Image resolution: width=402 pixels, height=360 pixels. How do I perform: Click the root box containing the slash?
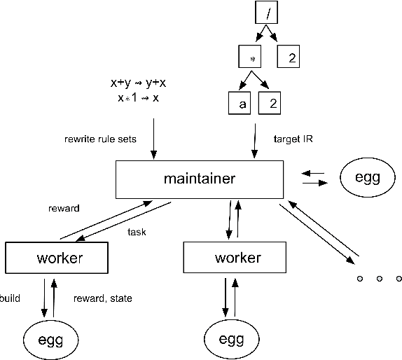pyautogui.click(x=267, y=13)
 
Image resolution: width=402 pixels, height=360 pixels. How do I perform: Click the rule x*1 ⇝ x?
pyautogui.click(x=138, y=97)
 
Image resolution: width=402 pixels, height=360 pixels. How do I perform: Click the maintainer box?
pyautogui.click(x=199, y=179)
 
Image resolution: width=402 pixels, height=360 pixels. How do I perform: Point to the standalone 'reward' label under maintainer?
pyautogui.click(x=64, y=208)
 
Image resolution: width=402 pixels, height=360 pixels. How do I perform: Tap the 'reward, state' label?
pyautogui.click(x=102, y=298)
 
